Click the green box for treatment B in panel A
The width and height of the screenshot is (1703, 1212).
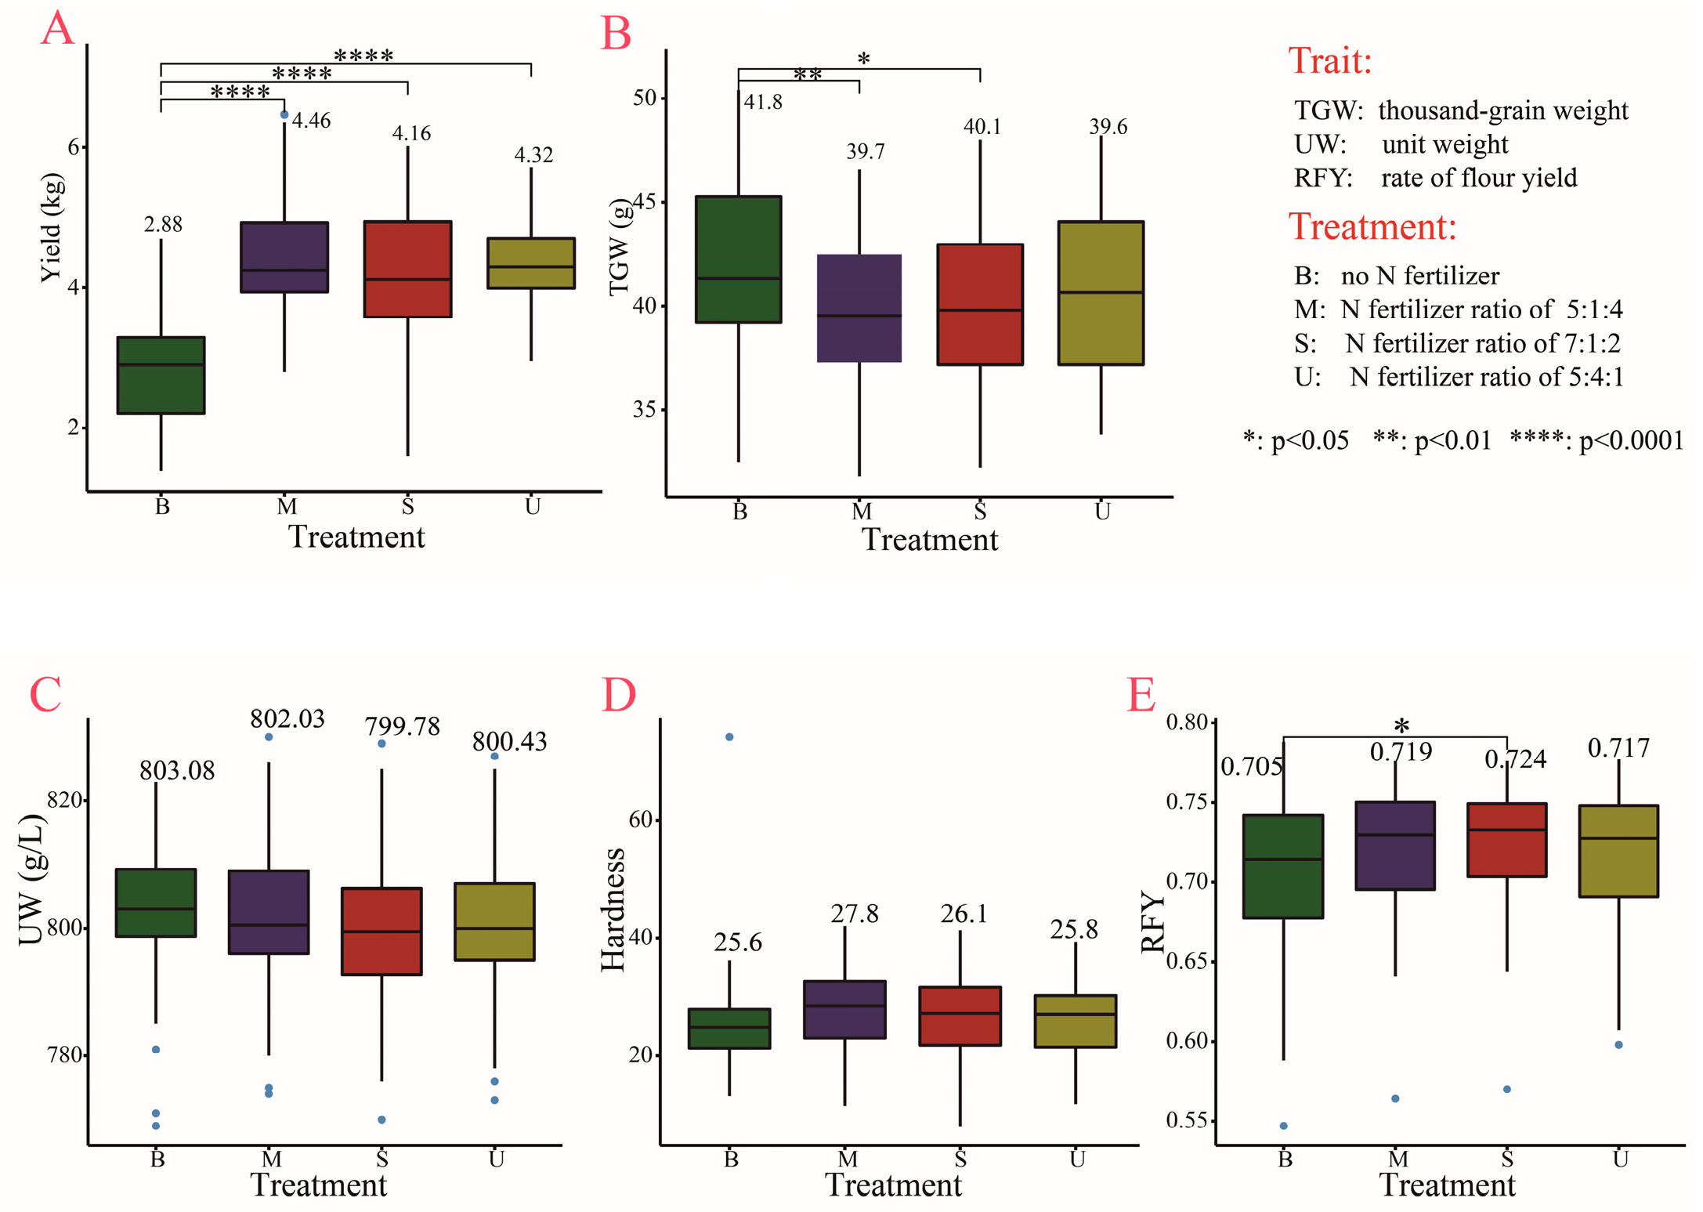point(161,375)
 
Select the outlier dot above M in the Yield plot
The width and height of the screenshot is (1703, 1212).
point(284,115)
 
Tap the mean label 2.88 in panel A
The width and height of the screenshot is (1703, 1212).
point(163,225)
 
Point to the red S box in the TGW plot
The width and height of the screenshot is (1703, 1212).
point(980,304)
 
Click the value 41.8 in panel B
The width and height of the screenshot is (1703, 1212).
point(763,103)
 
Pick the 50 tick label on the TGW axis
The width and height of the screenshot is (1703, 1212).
point(645,98)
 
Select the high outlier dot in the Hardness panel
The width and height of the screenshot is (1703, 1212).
point(729,737)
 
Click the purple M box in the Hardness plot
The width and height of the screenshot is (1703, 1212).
point(844,1009)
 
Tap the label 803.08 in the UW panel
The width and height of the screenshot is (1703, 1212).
point(177,771)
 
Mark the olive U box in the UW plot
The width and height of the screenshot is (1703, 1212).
point(494,921)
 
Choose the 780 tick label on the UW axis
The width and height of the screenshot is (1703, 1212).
point(65,1055)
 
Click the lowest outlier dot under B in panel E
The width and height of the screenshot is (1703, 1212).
point(1284,1126)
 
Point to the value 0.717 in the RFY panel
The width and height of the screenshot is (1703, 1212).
point(1618,749)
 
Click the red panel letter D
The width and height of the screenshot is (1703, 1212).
point(618,695)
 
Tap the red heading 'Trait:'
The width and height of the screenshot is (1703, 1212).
point(1330,61)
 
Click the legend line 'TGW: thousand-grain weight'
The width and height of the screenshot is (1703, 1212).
point(1460,110)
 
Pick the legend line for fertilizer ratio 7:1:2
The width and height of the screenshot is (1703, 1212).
point(1457,343)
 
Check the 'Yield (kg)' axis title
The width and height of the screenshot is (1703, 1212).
point(51,227)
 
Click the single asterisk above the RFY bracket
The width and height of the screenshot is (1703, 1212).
point(1401,725)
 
